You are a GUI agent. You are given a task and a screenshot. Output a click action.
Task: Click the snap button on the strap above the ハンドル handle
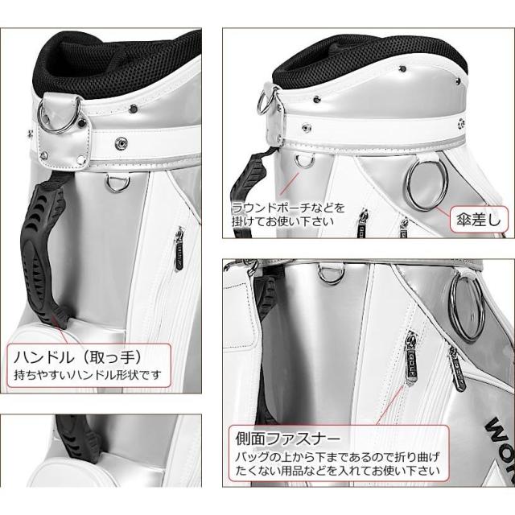[123, 142]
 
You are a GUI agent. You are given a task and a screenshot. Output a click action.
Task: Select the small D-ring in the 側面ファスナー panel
[328, 274]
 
